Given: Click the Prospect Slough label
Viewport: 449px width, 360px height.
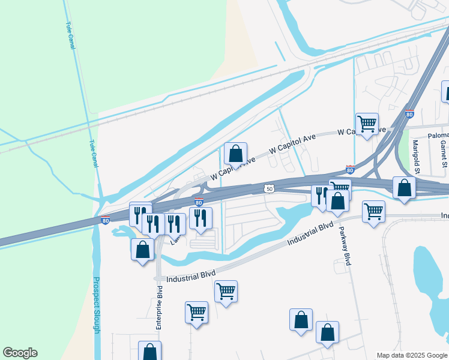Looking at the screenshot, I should (97, 307).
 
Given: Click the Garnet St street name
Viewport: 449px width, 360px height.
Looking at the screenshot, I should (443, 154).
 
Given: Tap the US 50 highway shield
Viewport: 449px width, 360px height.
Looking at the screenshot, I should (270, 188).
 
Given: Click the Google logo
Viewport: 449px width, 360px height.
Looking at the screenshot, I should (20, 353).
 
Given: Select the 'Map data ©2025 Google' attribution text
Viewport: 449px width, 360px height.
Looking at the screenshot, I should (412, 355).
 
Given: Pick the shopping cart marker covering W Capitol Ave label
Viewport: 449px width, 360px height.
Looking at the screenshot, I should (367, 124).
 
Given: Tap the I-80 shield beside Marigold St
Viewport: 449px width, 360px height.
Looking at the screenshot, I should (409, 113).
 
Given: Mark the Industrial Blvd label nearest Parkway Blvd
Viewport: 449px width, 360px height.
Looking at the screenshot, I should (310, 234).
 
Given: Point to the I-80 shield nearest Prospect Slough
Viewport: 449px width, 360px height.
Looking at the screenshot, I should (105, 220).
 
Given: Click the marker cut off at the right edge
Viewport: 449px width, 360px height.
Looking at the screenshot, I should (445, 91).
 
